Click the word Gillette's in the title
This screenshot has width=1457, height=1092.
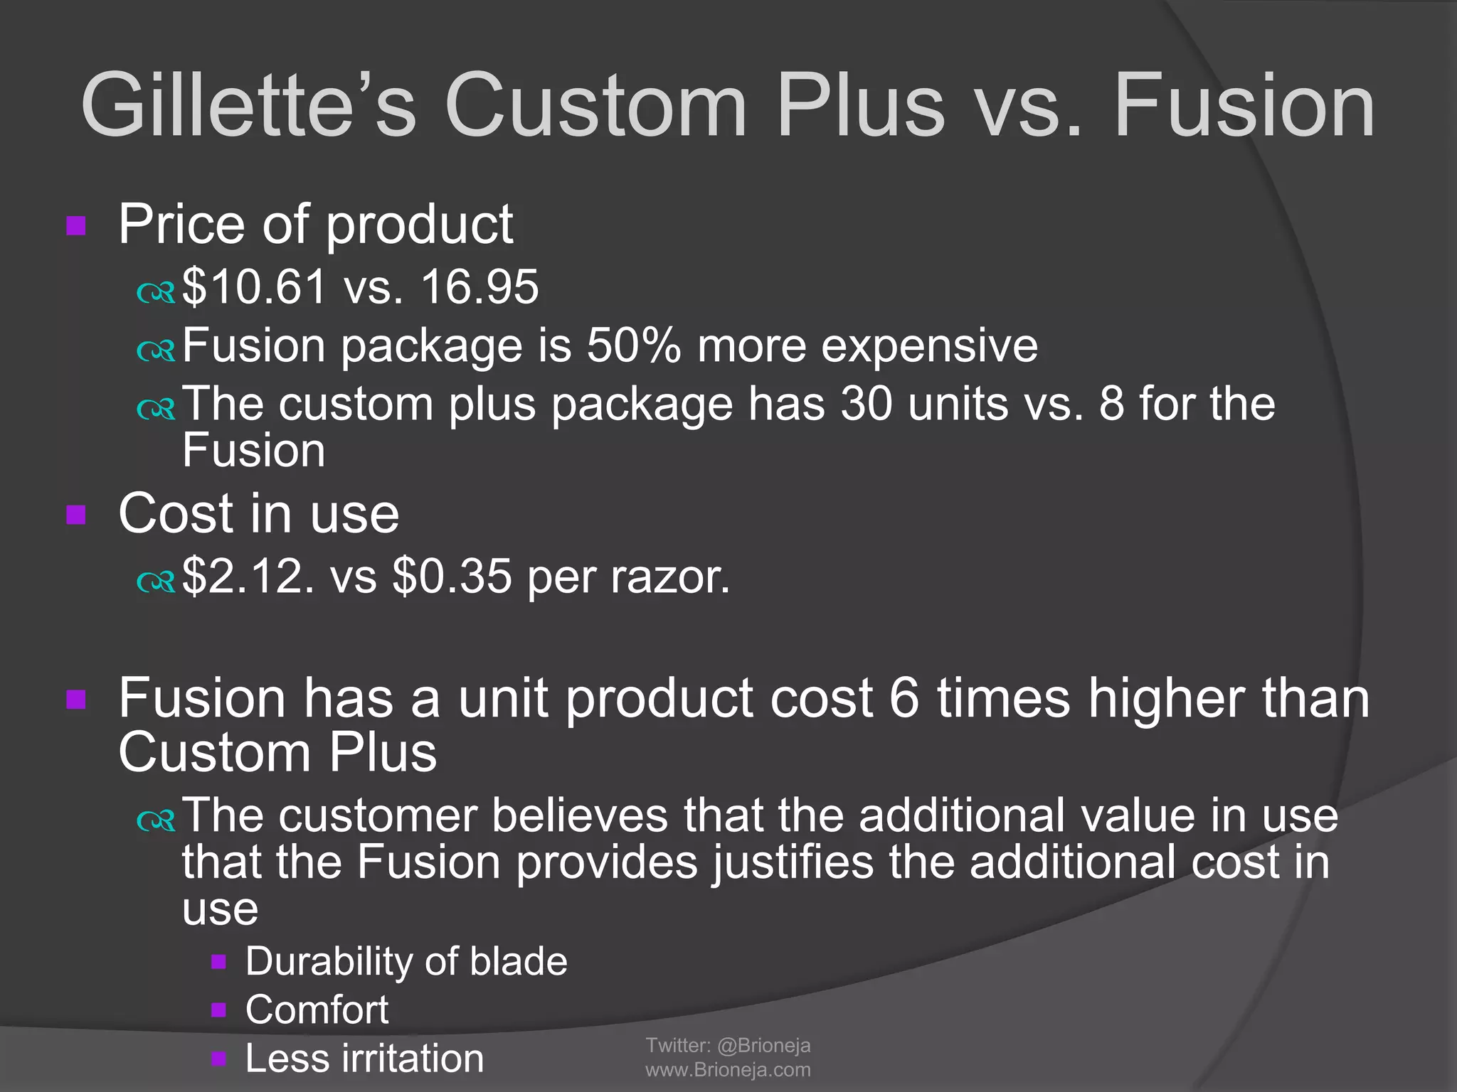[248, 105]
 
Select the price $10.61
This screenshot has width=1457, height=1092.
[254, 287]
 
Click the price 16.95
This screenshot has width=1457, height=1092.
[480, 287]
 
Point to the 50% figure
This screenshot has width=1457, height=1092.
[634, 346]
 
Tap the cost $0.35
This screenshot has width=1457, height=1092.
[452, 576]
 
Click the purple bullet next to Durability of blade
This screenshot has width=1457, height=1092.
[219, 963]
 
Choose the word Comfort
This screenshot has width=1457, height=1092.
[317, 1010]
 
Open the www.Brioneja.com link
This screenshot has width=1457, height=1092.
[728, 1070]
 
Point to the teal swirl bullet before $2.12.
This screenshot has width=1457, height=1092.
[156, 582]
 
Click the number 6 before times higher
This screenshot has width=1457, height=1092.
[905, 698]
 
